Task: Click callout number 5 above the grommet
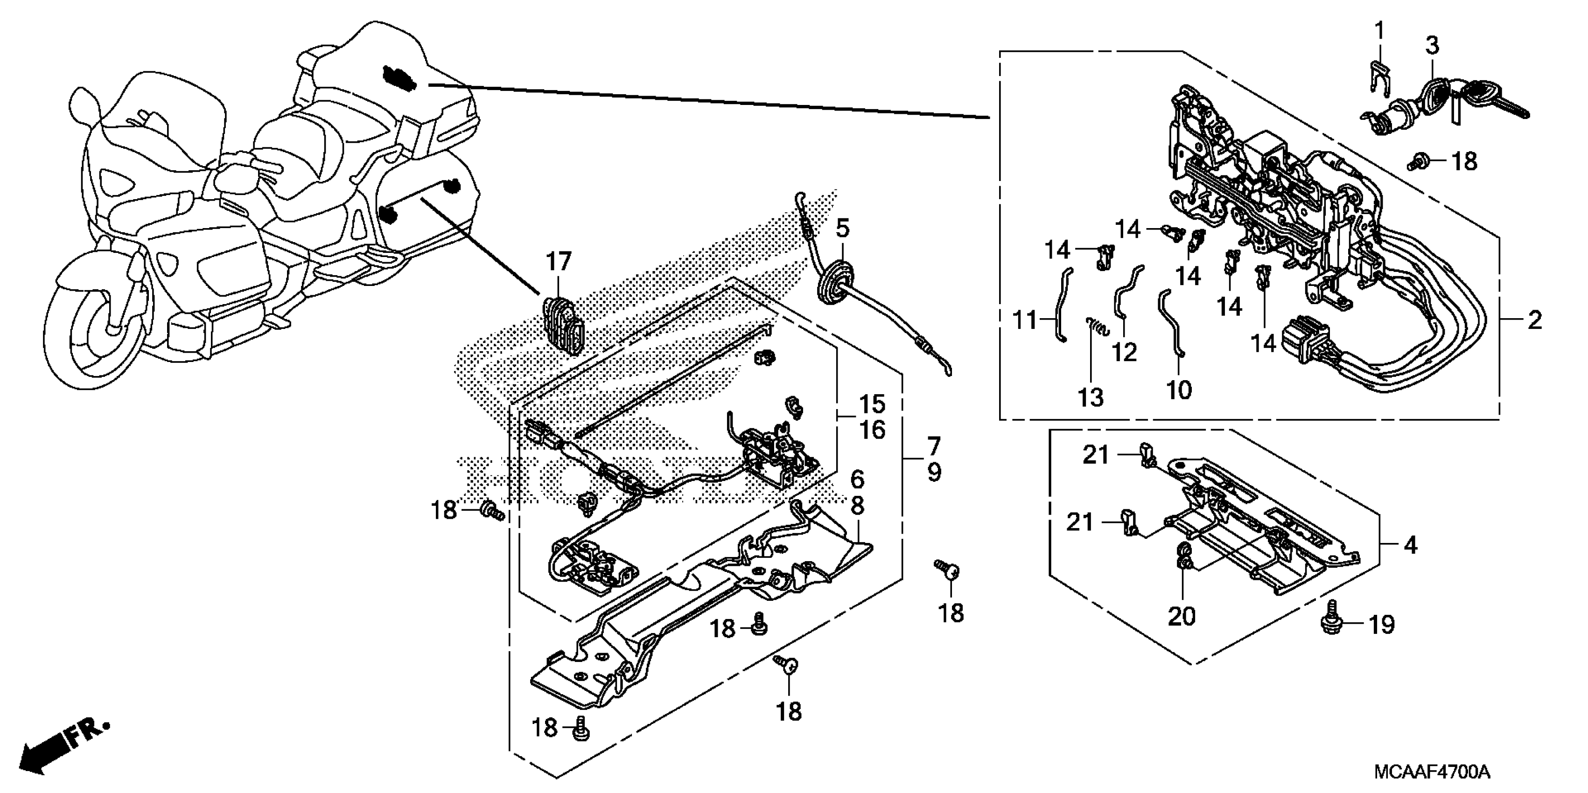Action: [842, 228]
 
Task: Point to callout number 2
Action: [1534, 320]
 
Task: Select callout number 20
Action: [1181, 616]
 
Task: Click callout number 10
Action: [1179, 390]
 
